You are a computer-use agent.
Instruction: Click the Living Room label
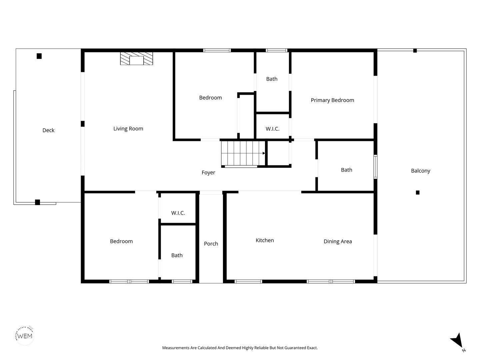pos(128,129)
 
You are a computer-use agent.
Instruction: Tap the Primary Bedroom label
pos(332,100)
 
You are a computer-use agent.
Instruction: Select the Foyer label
pos(208,173)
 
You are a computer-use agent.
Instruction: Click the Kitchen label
pos(265,240)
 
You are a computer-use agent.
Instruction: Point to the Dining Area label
pos(338,242)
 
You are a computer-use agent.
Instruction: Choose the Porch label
pos(211,244)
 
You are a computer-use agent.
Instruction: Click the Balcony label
pos(421,171)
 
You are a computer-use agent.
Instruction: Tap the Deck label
pos(48,130)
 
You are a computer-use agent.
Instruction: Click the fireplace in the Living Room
pos(136,59)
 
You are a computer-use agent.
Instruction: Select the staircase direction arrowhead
pos(264,153)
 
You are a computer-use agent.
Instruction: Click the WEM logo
pos(25,336)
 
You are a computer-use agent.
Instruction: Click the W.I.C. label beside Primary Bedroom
pos(272,129)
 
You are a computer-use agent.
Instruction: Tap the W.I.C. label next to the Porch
pos(178,213)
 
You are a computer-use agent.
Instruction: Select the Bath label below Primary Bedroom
pos(347,170)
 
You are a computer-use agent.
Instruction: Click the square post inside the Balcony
pos(418,193)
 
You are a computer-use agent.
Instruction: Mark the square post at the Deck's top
pos(39,56)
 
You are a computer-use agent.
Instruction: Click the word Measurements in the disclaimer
pos(176,348)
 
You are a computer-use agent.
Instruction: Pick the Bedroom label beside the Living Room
pos(210,98)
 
